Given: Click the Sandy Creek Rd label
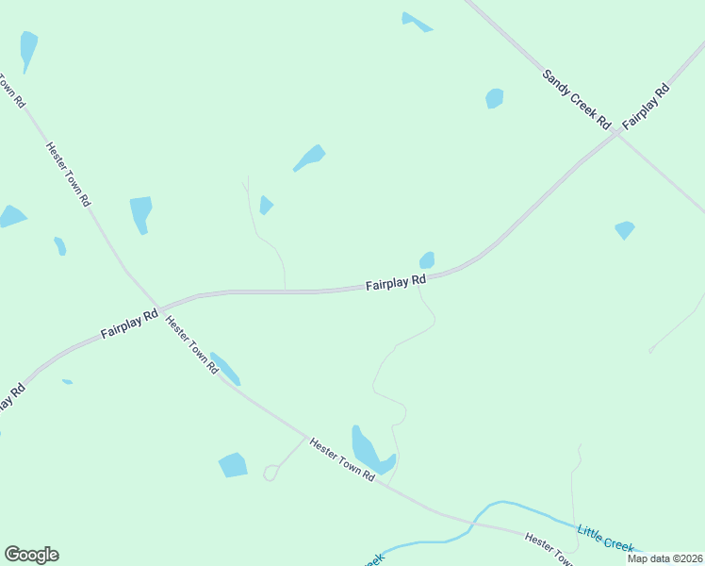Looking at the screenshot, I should click(577, 98).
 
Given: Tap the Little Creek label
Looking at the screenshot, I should click(605, 539).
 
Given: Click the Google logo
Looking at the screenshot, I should click(31, 555).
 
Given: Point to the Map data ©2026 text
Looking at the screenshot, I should click(664, 558).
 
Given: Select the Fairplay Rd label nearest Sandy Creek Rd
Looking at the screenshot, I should click(647, 107).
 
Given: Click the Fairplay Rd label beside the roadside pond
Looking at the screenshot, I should click(396, 282).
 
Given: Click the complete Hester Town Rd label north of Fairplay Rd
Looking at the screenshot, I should click(69, 174).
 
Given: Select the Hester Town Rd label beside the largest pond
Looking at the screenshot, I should click(343, 459).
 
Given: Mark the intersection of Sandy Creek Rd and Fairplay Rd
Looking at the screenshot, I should click(616, 134).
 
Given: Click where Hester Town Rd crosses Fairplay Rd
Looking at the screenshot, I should click(161, 309).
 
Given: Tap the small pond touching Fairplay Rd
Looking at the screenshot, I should click(427, 259).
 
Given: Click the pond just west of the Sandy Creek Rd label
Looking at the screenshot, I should click(494, 98).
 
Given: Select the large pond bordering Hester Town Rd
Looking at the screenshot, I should click(370, 450).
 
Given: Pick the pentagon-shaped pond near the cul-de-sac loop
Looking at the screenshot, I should click(233, 465).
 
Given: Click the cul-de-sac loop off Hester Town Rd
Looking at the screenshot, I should click(271, 472).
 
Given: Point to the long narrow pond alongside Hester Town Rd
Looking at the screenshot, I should click(226, 369).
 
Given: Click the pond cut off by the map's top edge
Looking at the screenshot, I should click(415, 21).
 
